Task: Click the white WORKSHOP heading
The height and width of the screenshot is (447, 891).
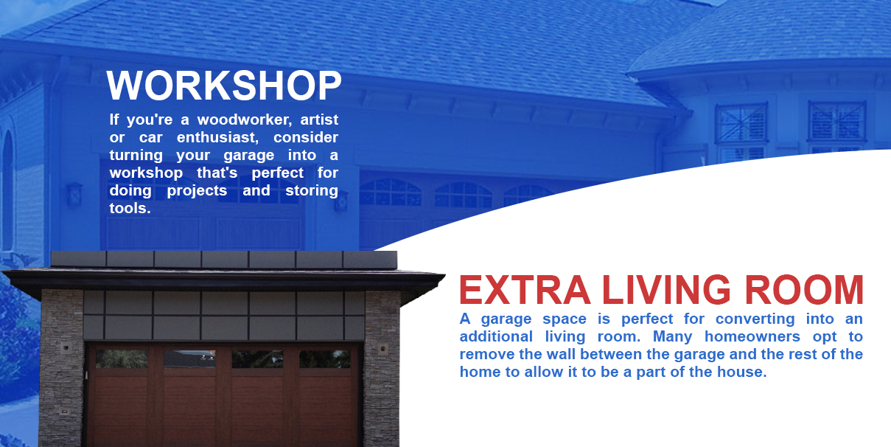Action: (223, 85)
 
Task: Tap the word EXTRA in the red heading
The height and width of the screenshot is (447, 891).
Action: (525, 289)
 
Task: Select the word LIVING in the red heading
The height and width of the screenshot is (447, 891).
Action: (666, 289)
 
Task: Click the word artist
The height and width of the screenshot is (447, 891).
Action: (319, 119)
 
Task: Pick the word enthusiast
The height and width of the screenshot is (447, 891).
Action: (217, 137)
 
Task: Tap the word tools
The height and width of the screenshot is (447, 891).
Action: (130, 208)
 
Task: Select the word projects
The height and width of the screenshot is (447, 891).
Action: (197, 191)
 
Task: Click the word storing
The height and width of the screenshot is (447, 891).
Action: (312, 191)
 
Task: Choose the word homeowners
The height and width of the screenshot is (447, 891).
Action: (752, 336)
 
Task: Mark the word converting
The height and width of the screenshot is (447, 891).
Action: (755, 319)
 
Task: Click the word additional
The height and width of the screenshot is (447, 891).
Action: (496, 336)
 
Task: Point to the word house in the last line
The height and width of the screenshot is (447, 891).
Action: (742, 372)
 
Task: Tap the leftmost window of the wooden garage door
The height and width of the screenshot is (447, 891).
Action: (122, 359)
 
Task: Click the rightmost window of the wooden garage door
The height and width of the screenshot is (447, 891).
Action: (325, 359)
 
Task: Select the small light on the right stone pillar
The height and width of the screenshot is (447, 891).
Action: (382, 349)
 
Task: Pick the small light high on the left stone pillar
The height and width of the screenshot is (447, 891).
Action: (66, 348)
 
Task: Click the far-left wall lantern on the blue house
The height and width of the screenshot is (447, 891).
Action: (74, 194)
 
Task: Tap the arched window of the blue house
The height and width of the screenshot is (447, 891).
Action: (7, 191)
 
